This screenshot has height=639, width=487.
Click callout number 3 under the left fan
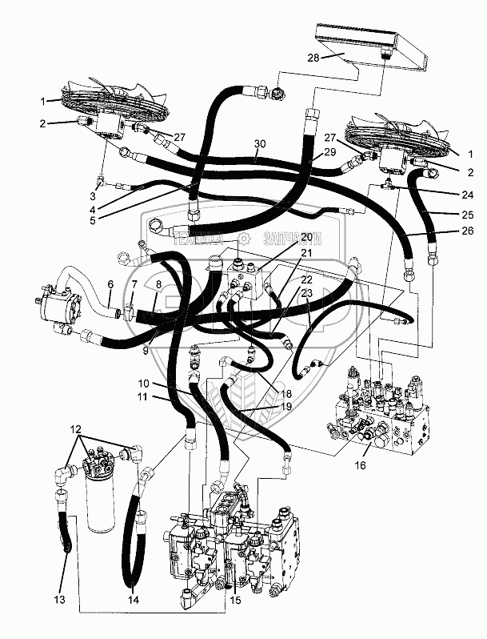tap(92, 196)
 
